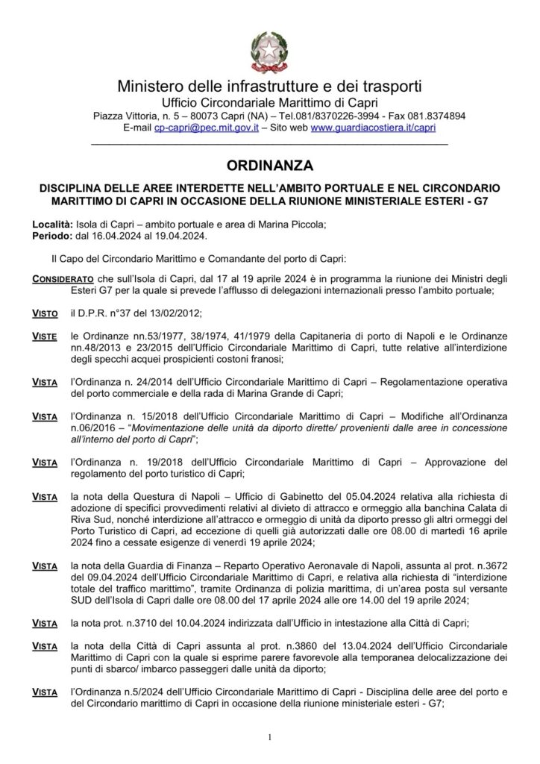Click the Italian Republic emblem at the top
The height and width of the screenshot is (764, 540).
point(269,49)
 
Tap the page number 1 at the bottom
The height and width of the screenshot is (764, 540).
point(270,739)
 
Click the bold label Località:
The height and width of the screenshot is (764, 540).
point(52,225)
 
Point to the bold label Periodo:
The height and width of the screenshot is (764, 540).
point(51,236)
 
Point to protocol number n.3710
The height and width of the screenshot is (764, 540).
point(140,622)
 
